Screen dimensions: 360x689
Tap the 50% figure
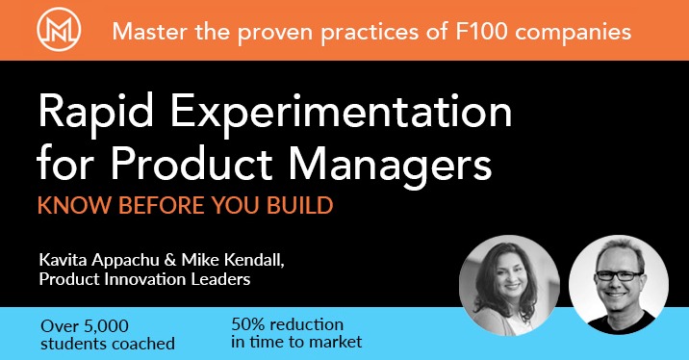[x=250, y=323]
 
